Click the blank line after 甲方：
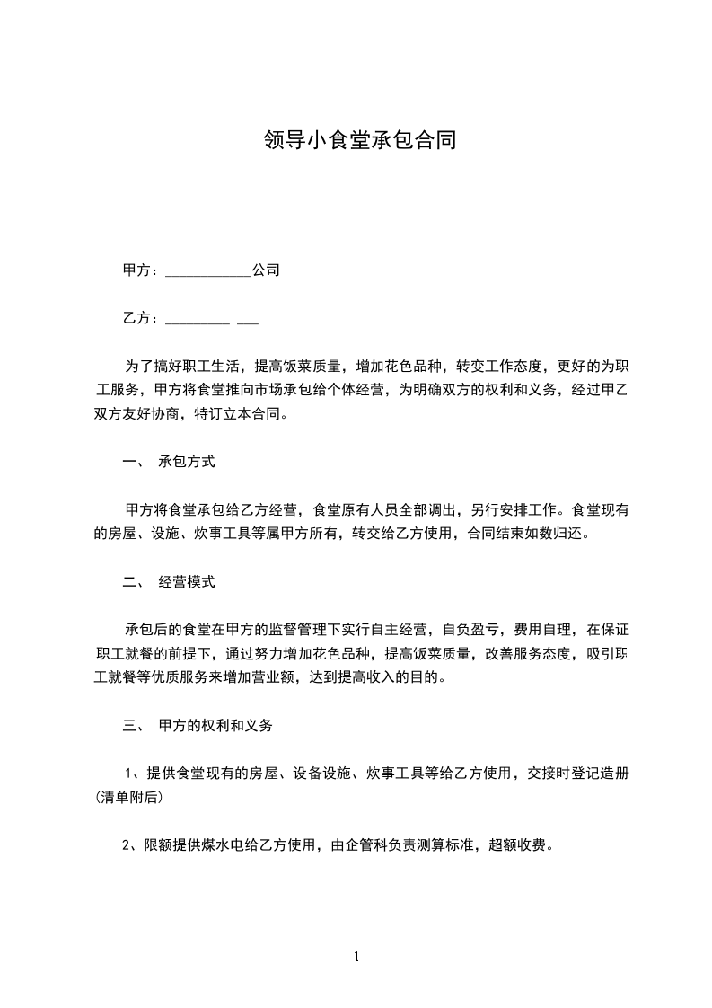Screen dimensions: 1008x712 208,270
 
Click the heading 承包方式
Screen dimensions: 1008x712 187,463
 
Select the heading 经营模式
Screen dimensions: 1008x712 187,581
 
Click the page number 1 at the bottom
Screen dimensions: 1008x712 356,957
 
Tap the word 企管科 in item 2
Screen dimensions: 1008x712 369,844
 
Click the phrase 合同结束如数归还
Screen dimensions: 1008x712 525,534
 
